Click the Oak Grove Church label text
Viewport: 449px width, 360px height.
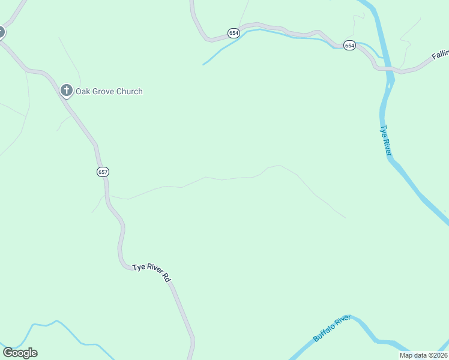109,92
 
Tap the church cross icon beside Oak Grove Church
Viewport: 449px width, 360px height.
67,91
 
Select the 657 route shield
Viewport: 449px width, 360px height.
103,172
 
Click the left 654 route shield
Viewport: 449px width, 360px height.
234,33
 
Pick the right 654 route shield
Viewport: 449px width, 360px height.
349,45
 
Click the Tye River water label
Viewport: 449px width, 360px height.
385,142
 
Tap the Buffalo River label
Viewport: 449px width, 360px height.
331,329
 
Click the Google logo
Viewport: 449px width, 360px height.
20,353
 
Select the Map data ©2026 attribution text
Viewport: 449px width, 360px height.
423,355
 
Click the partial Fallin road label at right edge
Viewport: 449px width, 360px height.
440,55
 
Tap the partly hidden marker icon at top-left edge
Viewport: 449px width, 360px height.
1,32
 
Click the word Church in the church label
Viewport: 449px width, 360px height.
129,92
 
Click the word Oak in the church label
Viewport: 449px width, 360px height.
83,92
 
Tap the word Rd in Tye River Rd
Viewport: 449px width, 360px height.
167,278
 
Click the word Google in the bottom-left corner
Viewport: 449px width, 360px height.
20,353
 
